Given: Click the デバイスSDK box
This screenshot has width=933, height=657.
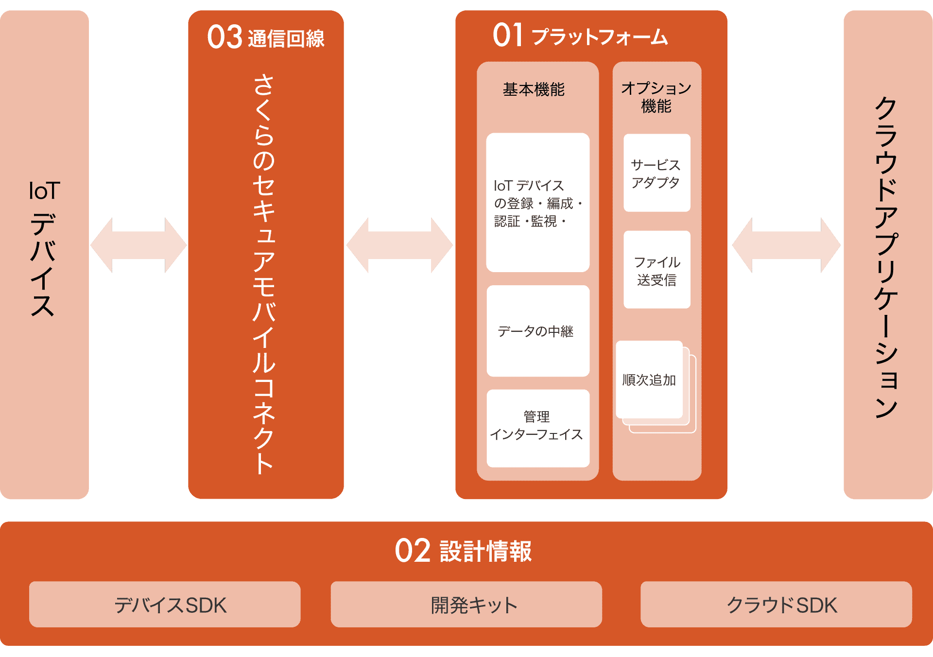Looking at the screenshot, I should [x=165, y=605].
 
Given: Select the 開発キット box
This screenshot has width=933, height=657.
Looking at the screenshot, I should [x=466, y=605].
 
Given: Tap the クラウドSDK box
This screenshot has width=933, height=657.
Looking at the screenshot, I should [x=776, y=605].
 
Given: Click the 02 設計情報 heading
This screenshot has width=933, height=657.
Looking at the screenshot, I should [x=463, y=551].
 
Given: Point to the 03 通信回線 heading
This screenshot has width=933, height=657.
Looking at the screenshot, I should [x=266, y=37].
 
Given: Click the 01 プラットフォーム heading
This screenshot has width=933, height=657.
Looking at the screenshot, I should [x=580, y=36].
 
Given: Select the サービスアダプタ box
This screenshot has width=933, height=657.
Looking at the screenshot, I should [x=657, y=173].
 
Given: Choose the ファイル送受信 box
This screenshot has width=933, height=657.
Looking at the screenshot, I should [x=657, y=270].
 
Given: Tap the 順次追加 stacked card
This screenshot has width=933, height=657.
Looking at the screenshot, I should [x=650, y=380].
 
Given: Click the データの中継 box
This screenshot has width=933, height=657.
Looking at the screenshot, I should [x=537, y=331].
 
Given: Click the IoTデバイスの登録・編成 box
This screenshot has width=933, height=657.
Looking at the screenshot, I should [x=537, y=203].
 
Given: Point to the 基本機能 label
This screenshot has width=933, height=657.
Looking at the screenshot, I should [x=534, y=89].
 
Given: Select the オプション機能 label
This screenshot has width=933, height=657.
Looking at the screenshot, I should [x=656, y=97].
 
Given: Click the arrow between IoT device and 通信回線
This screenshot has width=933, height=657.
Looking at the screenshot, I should [x=138, y=245].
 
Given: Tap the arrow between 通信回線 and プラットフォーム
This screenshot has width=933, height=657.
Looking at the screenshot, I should [x=399, y=245].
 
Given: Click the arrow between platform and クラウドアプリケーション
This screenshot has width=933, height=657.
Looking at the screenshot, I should [x=786, y=245].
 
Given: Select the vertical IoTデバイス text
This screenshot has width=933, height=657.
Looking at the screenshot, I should [x=43, y=248].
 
